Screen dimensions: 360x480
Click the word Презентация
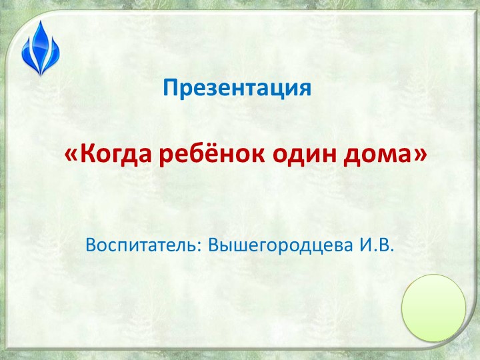(237, 87)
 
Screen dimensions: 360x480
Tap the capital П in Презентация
(169, 87)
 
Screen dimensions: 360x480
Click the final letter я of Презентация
(305, 89)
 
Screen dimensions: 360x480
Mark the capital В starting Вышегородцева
(214, 245)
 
